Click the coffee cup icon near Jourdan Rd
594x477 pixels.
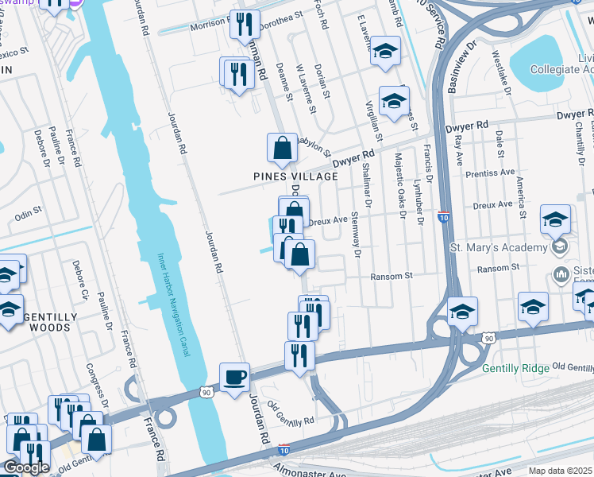pyautogui.click(x=234, y=377)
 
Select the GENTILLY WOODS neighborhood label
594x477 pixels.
pyautogui.click(x=51, y=322)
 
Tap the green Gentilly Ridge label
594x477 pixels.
pyautogui.click(x=515, y=368)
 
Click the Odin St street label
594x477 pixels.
pyautogui.click(x=27, y=212)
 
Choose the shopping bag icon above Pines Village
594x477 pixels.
pyautogui.click(x=282, y=147)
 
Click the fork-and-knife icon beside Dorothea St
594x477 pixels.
pyautogui.click(x=245, y=23)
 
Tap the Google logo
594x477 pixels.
pyautogui.click(x=26, y=467)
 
